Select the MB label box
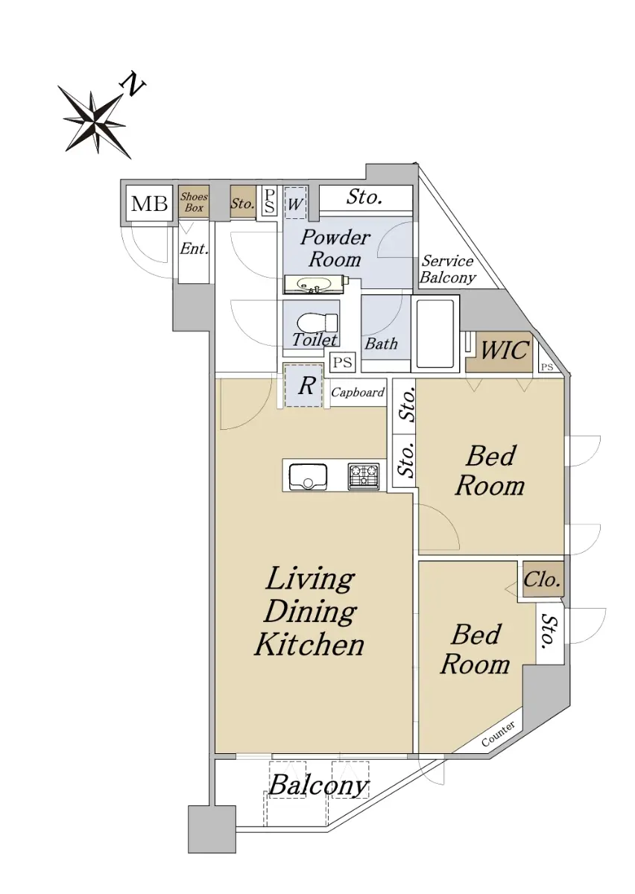[x=150, y=204]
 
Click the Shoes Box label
[x=194, y=202]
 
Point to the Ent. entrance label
[x=194, y=249]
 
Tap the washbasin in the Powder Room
[x=315, y=284]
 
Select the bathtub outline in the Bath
[x=435, y=334]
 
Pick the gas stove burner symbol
[x=364, y=476]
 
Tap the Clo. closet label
[x=541, y=580]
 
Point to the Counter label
[x=499, y=735]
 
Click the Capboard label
[x=358, y=393]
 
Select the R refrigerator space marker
[x=306, y=386]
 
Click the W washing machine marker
[x=295, y=203]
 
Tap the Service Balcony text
[x=448, y=270]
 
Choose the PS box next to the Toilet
[x=343, y=362]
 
